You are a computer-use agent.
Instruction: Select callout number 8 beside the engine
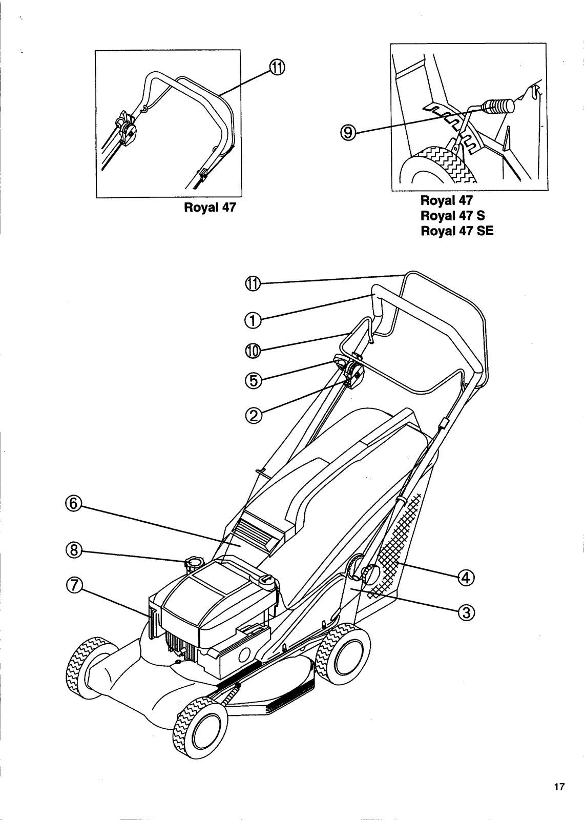74,550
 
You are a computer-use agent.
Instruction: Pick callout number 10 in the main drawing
253,351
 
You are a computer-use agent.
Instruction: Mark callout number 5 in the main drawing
253,380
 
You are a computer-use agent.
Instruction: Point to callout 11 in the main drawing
253,283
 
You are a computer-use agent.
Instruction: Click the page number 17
558,787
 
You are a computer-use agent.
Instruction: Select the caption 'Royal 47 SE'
457,231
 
